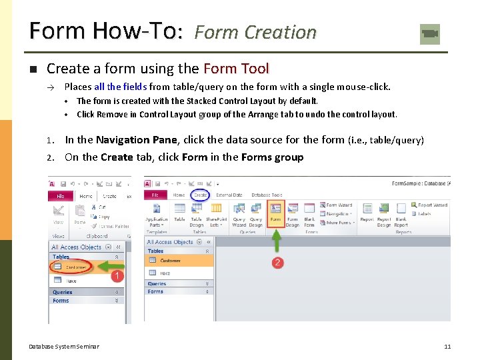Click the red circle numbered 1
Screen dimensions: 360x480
click(117, 275)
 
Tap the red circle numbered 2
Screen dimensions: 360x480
click(278, 263)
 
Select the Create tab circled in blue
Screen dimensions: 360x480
click(201, 195)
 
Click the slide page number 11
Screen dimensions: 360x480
click(447, 347)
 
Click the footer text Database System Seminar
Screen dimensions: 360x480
click(64, 347)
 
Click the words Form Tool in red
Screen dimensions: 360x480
click(236, 68)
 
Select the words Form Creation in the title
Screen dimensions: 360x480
click(255, 32)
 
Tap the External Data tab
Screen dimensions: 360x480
click(229, 195)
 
